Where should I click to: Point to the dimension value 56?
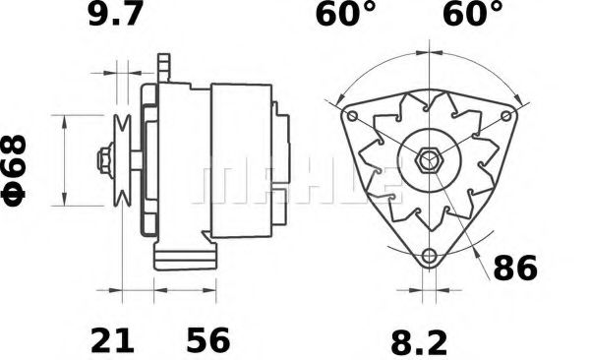(x=207, y=341)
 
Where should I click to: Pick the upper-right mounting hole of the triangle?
(x=506, y=116)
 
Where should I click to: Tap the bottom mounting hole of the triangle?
(x=428, y=258)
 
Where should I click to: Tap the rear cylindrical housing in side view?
(x=242, y=157)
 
